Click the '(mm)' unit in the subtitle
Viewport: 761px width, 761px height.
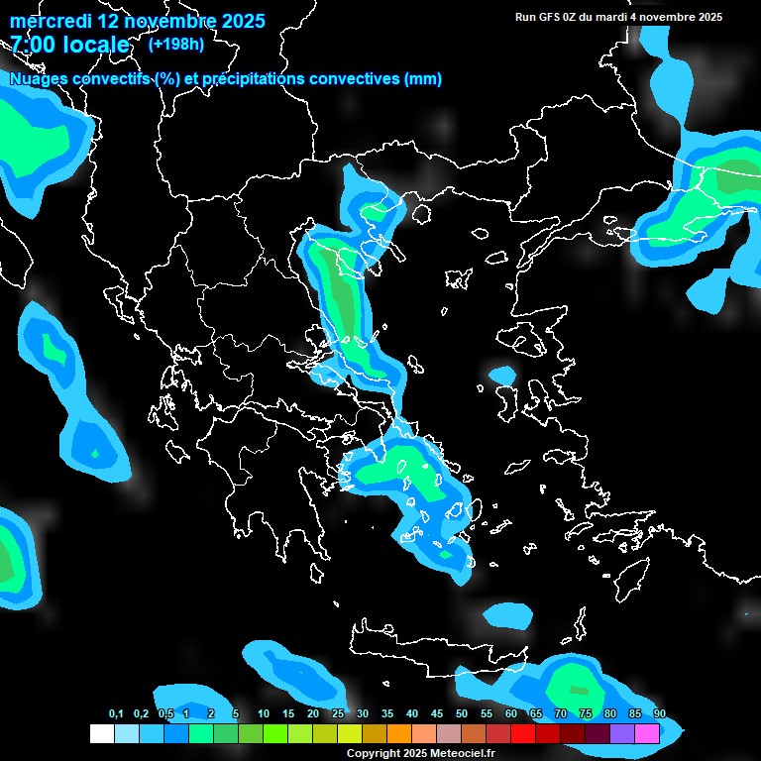[x=423, y=79]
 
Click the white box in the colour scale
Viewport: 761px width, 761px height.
[x=101, y=733]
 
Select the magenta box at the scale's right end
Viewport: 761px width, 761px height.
[x=646, y=733]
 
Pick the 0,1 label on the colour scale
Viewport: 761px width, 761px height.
[x=116, y=714]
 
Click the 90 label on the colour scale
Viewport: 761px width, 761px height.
[x=659, y=714]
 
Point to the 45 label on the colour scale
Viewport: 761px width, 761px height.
[x=437, y=714]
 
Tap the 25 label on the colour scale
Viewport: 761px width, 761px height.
[x=338, y=714]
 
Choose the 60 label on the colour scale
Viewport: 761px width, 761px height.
[x=511, y=714]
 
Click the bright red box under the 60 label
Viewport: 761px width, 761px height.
[x=522, y=733]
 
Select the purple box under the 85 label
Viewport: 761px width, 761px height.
[x=621, y=733]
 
